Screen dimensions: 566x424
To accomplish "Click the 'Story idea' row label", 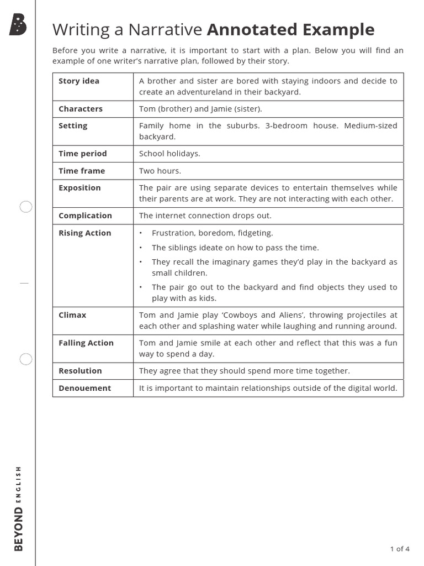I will click(79, 81).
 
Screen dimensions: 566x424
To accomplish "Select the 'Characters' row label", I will click(81, 109).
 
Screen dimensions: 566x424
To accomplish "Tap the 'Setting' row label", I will click(73, 126).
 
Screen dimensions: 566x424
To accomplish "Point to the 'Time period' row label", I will click(83, 154).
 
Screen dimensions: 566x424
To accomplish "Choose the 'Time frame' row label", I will click(82, 171).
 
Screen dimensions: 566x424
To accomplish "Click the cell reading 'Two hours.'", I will click(160, 171).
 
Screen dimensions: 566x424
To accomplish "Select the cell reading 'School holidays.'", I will click(169, 154).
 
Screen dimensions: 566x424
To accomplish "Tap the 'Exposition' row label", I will click(79, 188).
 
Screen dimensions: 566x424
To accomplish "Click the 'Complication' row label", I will click(85, 216).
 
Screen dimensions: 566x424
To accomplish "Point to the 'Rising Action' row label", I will click(85, 233).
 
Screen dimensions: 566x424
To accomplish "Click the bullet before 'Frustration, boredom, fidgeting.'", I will click(141, 233).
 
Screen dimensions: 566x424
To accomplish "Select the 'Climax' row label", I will click(72, 315).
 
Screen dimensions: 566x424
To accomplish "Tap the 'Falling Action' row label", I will click(86, 343).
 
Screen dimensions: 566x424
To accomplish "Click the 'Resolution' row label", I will click(80, 371).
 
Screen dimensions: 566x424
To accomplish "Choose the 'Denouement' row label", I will click(84, 388).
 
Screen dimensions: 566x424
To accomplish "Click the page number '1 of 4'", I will click(400, 549).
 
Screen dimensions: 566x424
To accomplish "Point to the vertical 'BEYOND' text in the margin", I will click(19, 530).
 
